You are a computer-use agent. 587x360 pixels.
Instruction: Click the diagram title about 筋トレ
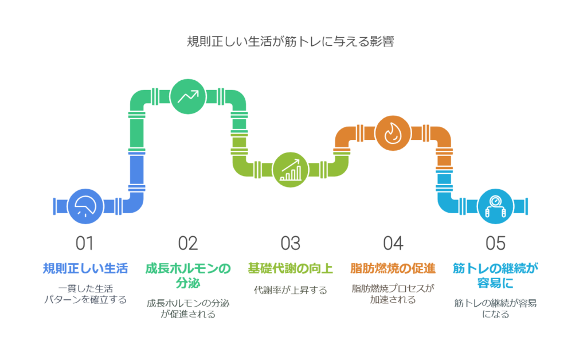pos(290,41)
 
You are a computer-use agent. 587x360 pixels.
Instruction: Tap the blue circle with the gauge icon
pos(85,206)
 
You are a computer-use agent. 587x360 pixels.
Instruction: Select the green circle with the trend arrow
pos(188,96)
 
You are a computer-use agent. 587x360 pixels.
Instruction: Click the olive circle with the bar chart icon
pos(291,170)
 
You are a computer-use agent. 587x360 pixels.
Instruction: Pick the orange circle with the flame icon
pos(393,133)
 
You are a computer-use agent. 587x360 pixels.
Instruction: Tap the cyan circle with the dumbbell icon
pos(495,206)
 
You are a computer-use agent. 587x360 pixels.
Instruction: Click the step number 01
pos(85,243)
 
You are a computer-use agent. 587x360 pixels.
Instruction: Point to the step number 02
pos(187,243)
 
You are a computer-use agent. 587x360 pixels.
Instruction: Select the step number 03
pos(290,243)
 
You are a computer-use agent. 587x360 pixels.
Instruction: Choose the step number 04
pos(393,243)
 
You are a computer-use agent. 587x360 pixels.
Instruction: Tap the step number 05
pos(495,243)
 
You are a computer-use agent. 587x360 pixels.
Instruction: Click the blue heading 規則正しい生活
pos(85,268)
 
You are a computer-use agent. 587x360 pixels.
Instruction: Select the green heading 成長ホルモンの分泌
pos(188,275)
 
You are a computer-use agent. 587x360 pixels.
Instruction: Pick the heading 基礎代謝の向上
pos(290,268)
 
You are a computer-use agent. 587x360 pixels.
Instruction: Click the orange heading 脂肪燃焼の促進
pos(393,268)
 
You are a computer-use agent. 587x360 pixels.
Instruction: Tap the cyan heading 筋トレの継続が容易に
pos(495,275)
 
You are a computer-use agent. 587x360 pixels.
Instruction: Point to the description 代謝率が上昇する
pos(290,290)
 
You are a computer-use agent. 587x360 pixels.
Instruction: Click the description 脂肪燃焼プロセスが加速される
pos(393,294)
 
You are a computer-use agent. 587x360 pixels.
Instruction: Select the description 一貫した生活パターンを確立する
pos(85,294)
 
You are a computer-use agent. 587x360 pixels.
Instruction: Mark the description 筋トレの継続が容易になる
pos(495,308)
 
